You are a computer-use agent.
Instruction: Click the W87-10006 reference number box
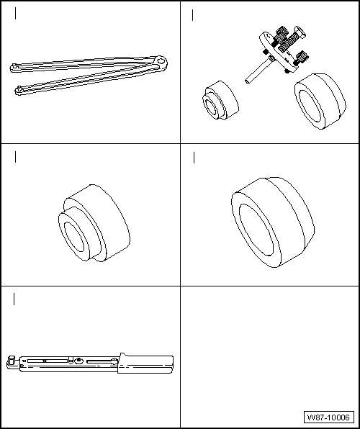[x=329, y=417]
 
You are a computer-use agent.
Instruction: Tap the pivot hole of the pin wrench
[x=161, y=60]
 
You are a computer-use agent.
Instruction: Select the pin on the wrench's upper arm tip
[x=14, y=66]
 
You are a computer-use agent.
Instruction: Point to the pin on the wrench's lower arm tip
[x=19, y=88]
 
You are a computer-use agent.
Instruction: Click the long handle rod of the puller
[x=258, y=70]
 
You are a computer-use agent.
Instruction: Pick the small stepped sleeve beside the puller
[x=220, y=100]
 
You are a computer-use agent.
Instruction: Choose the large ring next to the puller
[x=320, y=101]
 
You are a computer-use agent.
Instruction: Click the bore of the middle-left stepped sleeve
[x=74, y=237]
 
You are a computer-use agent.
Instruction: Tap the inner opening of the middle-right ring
[x=256, y=230]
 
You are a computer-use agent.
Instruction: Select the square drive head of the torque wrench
[x=11, y=361]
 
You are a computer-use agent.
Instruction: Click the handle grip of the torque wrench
[x=145, y=364]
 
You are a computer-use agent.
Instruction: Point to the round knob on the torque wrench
[x=79, y=361]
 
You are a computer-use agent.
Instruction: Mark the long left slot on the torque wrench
[x=48, y=361]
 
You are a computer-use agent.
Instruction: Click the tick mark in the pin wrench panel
[x=15, y=14]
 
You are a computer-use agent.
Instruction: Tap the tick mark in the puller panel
[x=193, y=15]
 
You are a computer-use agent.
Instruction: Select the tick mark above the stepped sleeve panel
[x=15, y=157]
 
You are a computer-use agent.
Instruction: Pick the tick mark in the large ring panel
[x=194, y=158]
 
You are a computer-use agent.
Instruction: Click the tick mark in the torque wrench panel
[x=14, y=299]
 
